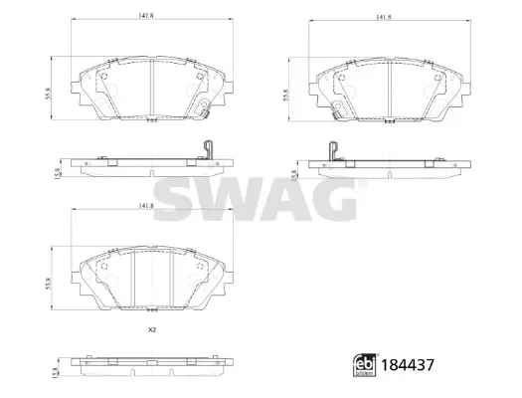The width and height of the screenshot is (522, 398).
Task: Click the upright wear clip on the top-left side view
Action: pyautogui.click(x=208, y=150)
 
